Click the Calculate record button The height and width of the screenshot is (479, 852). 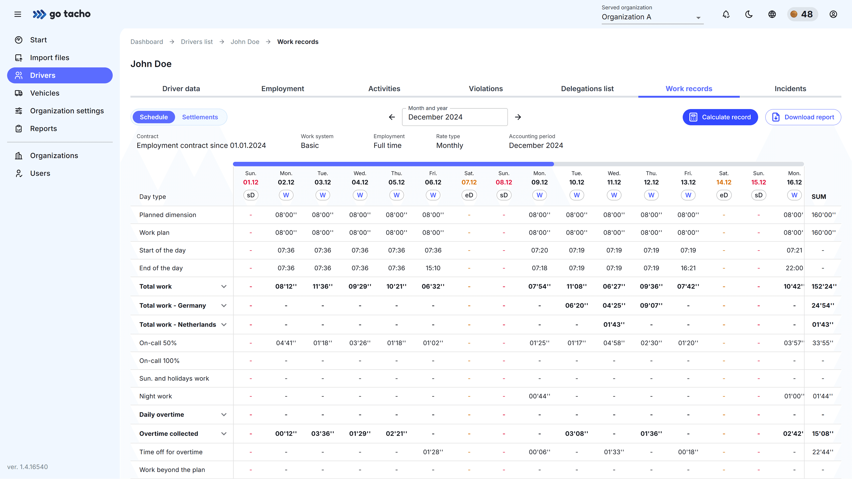(x=720, y=117)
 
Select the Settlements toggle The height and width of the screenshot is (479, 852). (x=200, y=117)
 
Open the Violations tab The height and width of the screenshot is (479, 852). (x=485, y=88)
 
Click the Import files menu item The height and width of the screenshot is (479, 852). (x=50, y=57)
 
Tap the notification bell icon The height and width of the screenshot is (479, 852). (x=726, y=14)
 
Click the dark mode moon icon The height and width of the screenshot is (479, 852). (x=749, y=14)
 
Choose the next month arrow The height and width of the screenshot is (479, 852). (x=518, y=117)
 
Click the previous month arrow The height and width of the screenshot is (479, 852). (x=392, y=117)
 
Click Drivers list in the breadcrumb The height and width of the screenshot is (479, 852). (x=197, y=42)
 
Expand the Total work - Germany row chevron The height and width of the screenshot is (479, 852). (x=224, y=306)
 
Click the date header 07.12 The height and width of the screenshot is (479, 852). (x=469, y=182)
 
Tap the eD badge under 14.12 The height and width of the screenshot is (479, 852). (x=724, y=195)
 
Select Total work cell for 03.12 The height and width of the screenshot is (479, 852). (x=322, y=286)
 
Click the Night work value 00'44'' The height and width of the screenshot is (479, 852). (x=539, y=396)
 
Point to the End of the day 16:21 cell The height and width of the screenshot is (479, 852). (x=688, y=268)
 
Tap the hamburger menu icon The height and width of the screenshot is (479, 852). (x=18, y=14)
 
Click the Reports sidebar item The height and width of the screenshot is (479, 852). (x=43, y=129)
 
